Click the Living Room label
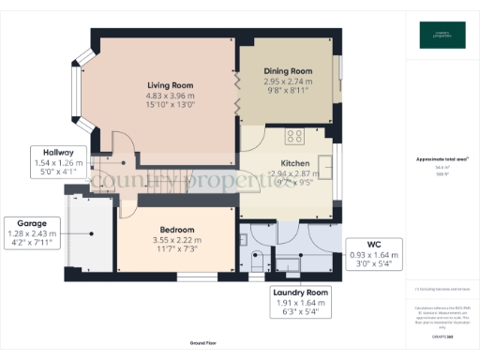[170, 83]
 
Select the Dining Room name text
[289, 71]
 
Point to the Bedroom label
[176, 230]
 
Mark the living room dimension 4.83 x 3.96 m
[170, 95]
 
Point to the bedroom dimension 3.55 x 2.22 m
[176, 240]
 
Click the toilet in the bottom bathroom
[258, 267]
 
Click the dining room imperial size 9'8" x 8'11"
[289, 92]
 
